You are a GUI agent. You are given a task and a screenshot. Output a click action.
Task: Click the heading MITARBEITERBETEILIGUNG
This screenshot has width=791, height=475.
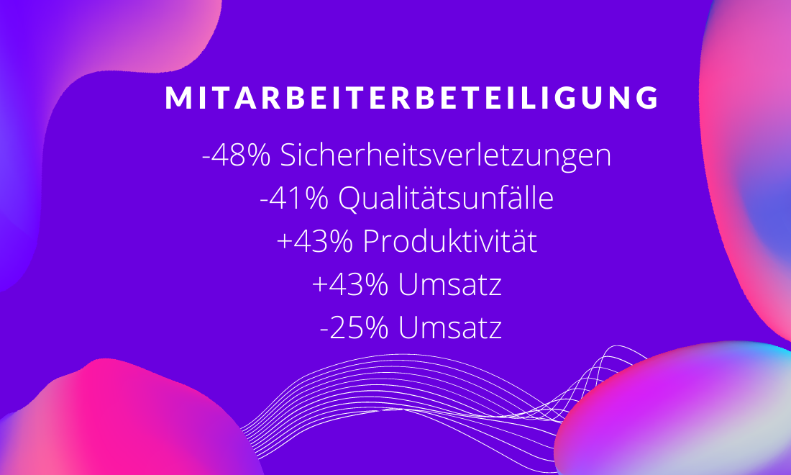411,97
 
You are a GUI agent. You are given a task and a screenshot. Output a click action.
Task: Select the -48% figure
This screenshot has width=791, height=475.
237,155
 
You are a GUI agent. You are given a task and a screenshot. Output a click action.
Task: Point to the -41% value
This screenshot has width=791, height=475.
294,199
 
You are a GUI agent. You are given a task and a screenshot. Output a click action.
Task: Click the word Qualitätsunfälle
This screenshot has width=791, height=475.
446,198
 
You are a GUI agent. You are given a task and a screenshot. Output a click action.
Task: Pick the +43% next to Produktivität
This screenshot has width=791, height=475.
315,243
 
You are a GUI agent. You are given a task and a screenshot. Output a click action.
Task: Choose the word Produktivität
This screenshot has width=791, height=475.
450,241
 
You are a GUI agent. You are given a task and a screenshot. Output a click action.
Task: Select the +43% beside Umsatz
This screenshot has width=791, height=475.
350,285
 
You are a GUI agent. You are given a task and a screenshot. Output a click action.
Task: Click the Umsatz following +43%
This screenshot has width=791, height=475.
450,285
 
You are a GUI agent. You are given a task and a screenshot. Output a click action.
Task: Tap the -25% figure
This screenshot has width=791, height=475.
354,329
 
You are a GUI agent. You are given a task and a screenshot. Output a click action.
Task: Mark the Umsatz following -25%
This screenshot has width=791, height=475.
450,329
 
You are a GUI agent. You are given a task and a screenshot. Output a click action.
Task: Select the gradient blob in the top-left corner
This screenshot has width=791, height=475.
76,101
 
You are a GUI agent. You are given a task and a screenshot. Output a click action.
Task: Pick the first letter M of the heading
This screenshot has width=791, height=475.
177,98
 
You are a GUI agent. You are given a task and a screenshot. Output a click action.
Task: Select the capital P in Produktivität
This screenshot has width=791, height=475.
371,243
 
